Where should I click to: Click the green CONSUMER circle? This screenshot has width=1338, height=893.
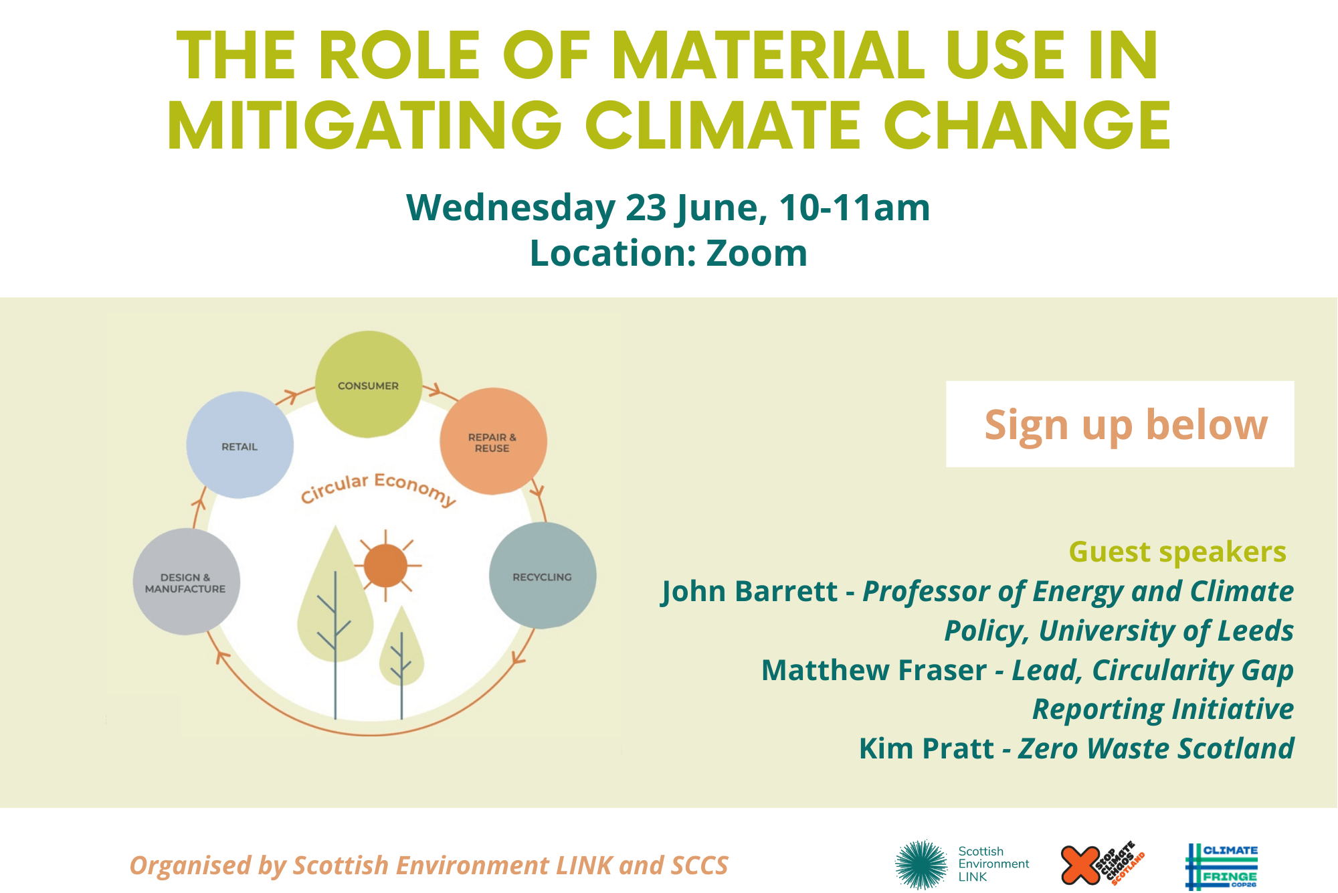point(369,384)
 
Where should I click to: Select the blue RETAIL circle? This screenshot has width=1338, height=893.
point(240,445)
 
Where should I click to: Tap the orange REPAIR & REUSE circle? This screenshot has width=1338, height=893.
point(493,441)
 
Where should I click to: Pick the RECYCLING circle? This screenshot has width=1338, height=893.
point(543,576)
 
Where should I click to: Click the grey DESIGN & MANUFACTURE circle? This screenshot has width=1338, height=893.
point(186,582)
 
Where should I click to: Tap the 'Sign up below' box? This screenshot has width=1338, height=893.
point(1120,424)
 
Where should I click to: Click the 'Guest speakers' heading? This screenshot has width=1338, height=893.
point(1177,552)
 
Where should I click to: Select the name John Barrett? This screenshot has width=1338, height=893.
point(749,592)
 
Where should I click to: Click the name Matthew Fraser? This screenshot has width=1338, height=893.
point(874,670)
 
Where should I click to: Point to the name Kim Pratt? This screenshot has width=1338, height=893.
point(927,748)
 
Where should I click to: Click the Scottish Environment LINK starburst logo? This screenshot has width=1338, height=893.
point(922,864)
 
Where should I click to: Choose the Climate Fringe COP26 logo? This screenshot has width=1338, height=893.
point(1222,866)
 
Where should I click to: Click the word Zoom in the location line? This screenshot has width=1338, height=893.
point(757,253)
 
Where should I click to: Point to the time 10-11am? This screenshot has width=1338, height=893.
point(854,208)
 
